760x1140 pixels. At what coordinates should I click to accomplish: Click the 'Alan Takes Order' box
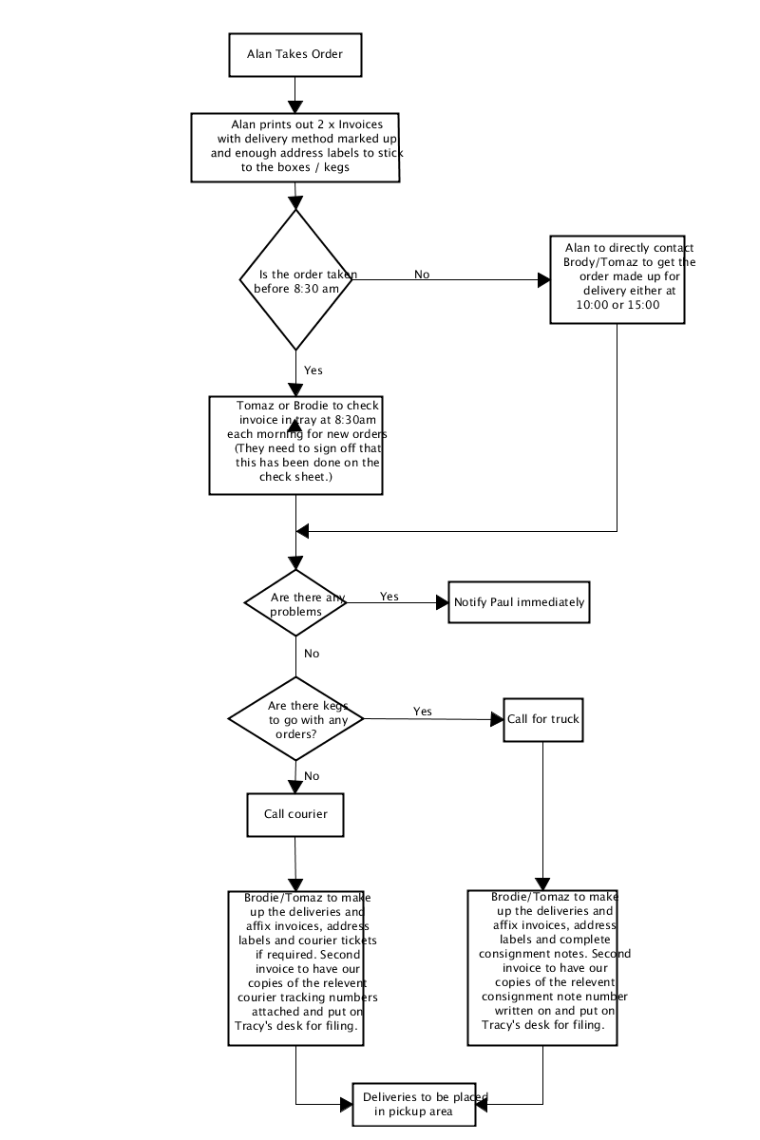(295, 55)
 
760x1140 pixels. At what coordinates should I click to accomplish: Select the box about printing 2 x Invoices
(295, 147)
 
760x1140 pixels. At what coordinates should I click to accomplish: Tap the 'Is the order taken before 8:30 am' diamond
(295, 279)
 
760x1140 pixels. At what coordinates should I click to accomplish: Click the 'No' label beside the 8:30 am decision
(422, 275)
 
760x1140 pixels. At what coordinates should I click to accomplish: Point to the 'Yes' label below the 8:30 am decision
(313, 370)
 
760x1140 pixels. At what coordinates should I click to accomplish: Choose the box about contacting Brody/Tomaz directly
(617, 279)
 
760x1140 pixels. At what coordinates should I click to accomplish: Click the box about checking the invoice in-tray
(295, 446)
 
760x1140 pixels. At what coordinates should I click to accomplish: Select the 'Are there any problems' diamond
(295, 602)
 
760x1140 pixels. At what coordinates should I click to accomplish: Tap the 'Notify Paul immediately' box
(520, 602)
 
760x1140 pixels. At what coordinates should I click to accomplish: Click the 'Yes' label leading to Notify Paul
(389, 596)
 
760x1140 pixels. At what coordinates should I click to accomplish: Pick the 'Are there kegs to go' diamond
(295, 718)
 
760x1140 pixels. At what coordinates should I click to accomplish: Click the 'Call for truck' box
(543, 720)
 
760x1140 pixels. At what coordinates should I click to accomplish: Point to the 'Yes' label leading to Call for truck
(423, 711)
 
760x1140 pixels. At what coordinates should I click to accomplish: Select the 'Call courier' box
(295, 814)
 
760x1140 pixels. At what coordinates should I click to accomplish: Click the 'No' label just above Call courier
(312, 775)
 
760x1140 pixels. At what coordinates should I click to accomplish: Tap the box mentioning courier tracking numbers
(295, 968)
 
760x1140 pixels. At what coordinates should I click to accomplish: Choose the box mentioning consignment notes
(542, 967)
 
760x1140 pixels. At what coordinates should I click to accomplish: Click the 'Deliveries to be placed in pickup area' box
(414, 1104)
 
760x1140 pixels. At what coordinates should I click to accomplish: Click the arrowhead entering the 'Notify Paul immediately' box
(443, 602)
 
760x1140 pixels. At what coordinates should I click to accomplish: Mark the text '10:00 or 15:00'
(617, 305)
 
